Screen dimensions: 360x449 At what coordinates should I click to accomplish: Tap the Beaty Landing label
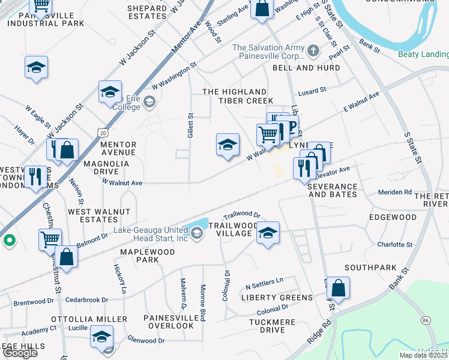(x=423, y=55)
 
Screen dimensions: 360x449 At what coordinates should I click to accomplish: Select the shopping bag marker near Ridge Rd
(x=339, y=287)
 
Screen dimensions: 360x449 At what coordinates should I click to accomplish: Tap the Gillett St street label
(x=190, y=126)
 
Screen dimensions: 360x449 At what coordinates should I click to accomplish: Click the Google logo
(x=20, y=353)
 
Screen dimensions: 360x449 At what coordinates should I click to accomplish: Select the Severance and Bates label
(x=332, y=190)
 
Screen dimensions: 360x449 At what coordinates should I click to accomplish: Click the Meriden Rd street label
(x=394, y=192)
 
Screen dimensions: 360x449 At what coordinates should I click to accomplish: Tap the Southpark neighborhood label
(x=370, y=267)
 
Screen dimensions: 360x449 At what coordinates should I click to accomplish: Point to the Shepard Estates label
(x=147, y=12)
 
